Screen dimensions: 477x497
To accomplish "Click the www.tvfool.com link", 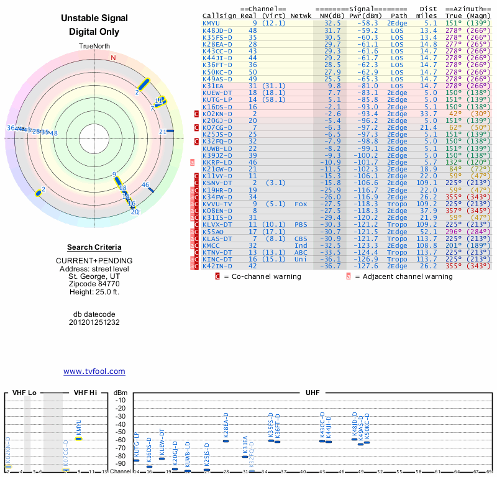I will coord(94,371).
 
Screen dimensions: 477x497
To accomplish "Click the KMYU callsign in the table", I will coord(211,23).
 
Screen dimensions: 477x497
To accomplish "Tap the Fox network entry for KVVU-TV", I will coord(301,204).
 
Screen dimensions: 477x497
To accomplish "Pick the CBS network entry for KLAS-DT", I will coord(301,238).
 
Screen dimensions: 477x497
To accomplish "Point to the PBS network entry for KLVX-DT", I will coord(301,224).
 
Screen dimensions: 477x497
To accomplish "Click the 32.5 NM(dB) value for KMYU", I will coord(332,23).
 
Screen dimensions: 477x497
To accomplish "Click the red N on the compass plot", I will coord(113,58).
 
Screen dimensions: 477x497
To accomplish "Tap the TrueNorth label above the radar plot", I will coord(94,47).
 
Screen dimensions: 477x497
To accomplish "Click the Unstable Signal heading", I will coord(94,19).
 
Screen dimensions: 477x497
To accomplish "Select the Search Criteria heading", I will coord(94,247).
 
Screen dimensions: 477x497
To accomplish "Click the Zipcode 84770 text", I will coord(94,283).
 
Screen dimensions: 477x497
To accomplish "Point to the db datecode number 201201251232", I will coord(94,322).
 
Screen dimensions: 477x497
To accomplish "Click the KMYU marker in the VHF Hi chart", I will coord(79,438).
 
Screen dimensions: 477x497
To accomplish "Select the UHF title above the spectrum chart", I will coord(312,393).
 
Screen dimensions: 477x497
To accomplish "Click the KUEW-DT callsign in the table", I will coord(217,93).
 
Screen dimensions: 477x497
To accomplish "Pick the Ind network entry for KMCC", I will coord(301,245).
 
